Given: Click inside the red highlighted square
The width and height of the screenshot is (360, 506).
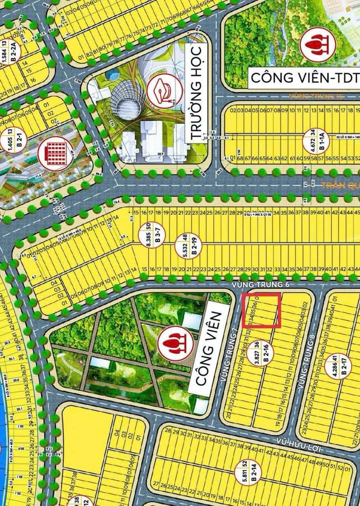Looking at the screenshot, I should click(261, 311).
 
